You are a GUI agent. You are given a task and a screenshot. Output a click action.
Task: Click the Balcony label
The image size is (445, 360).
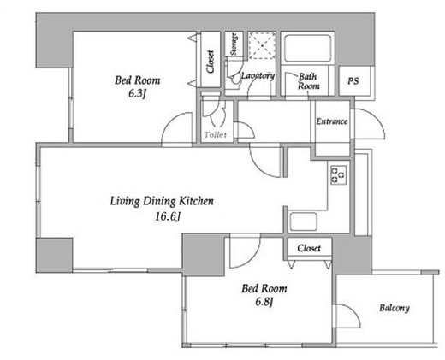click(395, 308)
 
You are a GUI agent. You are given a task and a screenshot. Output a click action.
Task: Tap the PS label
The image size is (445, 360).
click(353, 81)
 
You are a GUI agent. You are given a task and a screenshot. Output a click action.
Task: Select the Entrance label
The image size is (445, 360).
click(332, 121)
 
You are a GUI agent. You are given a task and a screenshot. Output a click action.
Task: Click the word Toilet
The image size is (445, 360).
click(216, 135)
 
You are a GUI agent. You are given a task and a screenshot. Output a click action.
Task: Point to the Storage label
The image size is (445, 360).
click(234, 44)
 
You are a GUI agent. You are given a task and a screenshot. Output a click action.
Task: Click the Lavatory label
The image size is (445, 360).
click(258, 76)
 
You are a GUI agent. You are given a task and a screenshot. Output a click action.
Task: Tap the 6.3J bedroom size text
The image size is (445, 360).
click(138, 94)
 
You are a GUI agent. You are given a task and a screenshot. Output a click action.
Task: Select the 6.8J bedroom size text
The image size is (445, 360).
click(264, 302)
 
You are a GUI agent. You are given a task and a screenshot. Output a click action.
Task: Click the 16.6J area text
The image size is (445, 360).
click(168, 217)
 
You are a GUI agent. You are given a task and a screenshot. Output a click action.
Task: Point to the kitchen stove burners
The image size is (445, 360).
click(339, 175)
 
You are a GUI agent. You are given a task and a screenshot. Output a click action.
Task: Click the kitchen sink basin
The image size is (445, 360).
click(303, 221)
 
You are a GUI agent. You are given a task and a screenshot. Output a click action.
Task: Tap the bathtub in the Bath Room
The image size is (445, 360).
click(307, 48)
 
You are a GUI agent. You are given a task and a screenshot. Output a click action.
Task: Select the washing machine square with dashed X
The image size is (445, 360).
click(262, 45)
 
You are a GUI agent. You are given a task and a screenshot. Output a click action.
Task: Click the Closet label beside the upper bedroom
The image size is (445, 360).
click(211, 62)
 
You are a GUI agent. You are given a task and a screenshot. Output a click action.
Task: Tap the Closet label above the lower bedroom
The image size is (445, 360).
click(309, 248)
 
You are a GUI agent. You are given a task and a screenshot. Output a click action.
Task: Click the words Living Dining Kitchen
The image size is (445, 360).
click(162, 201)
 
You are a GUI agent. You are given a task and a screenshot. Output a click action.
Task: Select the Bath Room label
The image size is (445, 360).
click(309, 81)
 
